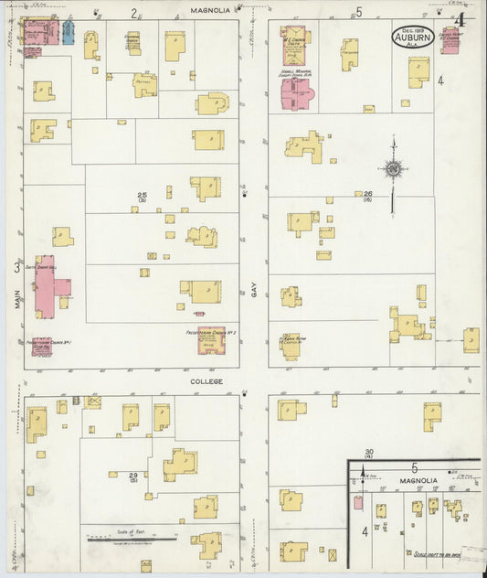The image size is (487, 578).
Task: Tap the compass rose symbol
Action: (393, 169)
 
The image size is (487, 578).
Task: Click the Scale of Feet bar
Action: (118, 541)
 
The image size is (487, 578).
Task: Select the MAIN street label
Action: (17, 299)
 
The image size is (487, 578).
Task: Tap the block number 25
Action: (143, 196)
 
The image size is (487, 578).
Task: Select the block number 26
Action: (368, 195)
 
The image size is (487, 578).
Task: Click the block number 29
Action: (133, 476)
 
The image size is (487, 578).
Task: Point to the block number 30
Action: (369, 453)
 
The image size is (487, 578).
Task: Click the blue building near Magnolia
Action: (67, 33)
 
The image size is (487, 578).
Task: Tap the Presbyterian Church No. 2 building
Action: (211, 340)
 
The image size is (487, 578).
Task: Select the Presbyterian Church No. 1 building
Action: (41, 346)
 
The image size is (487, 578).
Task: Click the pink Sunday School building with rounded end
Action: (296, 92)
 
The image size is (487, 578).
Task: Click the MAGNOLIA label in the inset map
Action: (416, 480)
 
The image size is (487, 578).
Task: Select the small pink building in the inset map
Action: (358, 502)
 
